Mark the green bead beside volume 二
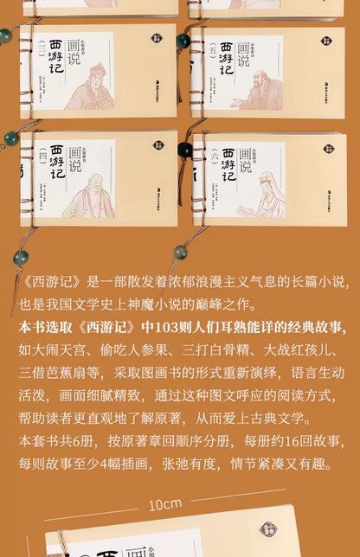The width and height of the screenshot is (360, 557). point(6,36)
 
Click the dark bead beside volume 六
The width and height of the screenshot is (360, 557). point(183,150)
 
